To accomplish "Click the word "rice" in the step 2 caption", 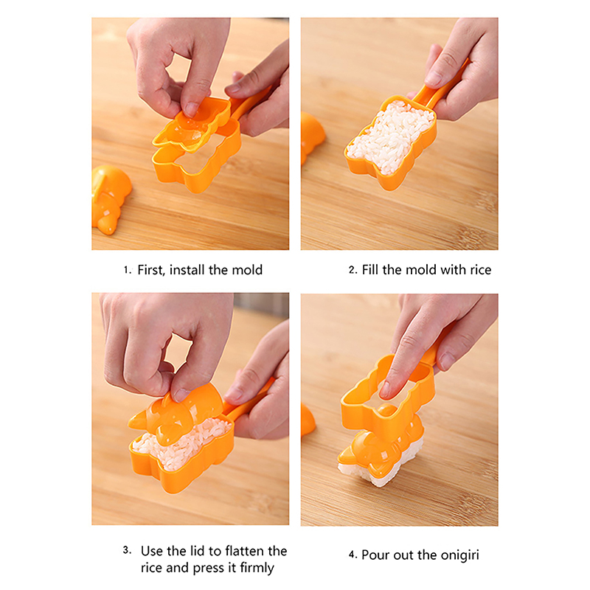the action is click(480, 270).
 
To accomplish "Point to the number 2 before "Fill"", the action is click(353, 270).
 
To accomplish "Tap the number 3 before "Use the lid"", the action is click(127, 550).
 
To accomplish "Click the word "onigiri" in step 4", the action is click(459, 555).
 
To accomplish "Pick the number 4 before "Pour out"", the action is click(353, 555).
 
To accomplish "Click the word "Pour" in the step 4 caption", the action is click(375, 555).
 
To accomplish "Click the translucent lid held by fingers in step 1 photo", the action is click(191, 124).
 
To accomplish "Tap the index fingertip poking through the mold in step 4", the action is click(386, 390).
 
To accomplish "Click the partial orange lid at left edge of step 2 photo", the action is click(312, 137).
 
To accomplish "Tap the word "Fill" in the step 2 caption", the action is click(370, 270).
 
